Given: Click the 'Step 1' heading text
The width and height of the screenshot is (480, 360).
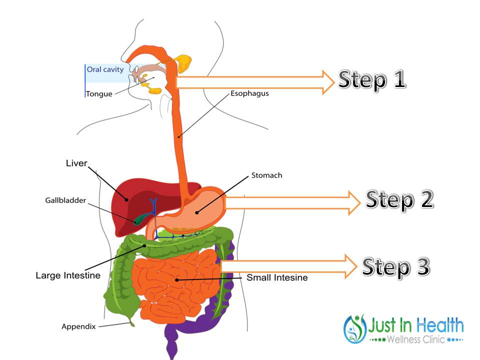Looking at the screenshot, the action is click(x=372, y=80).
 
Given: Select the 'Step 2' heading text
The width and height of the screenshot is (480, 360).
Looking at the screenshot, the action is click(x=399, y=200).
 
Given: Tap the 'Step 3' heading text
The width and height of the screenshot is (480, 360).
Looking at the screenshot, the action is click(x=396, y=267).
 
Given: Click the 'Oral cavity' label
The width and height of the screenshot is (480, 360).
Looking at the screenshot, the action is click(x=105, y=69).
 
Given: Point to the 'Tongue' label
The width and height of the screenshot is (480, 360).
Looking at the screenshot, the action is click(x=99, y=93).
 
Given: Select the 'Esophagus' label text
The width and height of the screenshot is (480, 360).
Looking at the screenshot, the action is click(x=249, y=93).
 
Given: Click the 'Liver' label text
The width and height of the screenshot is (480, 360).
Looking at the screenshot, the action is click(x=76, y=163).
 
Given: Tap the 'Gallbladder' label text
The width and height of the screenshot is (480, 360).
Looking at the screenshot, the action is click(x=65, y=200).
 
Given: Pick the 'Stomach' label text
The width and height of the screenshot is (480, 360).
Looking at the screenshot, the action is click(x=266, y=175).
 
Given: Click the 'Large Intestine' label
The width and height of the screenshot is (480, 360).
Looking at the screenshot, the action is click(x=68, y=275).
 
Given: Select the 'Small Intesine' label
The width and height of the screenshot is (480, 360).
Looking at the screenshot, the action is click(x=277, y=277).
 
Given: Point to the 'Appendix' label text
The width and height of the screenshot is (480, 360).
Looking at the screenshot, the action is click(x=78, y=326).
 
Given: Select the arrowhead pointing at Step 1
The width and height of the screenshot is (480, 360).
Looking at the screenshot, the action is click(x=328, y=82).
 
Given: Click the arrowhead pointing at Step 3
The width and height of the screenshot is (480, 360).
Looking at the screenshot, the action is click(x=351, y=266).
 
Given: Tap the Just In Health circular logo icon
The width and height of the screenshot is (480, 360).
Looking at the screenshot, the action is click(x=355, y=329).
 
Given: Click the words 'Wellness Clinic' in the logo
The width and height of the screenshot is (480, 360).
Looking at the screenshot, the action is click(x=415, y=339).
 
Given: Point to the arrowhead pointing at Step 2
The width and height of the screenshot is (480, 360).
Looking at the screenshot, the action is click(x=354, y=202).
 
